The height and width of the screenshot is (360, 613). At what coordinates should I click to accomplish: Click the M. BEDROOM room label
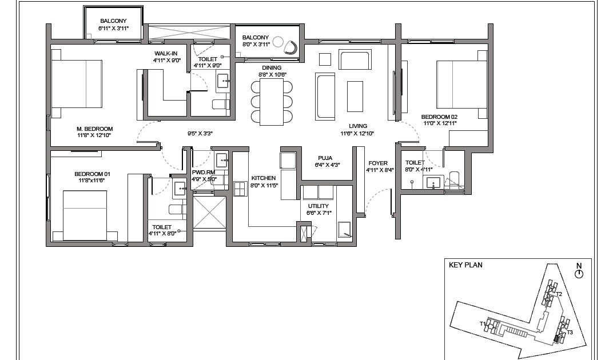point(95,129)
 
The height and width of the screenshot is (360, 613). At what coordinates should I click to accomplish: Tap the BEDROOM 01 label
point(93,174)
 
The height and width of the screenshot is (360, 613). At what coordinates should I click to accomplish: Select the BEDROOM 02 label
point(440,117)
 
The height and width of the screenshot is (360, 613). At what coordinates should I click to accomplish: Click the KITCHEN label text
point(264,178)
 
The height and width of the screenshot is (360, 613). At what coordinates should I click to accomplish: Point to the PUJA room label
point(326,158)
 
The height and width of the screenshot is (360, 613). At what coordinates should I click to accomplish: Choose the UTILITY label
point(318,206)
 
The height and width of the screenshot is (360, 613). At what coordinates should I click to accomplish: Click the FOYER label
point(378,163)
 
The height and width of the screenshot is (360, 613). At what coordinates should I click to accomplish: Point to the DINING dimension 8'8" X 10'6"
point(272,74)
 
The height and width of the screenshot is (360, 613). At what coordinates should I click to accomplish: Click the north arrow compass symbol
point(579,274)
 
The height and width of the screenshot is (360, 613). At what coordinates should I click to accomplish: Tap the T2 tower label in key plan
point(559,294)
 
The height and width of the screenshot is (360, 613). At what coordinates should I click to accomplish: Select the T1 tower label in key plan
point(483,323)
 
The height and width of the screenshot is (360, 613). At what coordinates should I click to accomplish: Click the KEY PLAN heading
point(465,265)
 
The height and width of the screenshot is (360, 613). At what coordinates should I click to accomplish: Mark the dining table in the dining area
point(272,102)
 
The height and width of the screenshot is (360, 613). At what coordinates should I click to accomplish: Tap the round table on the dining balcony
point(278,42)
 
